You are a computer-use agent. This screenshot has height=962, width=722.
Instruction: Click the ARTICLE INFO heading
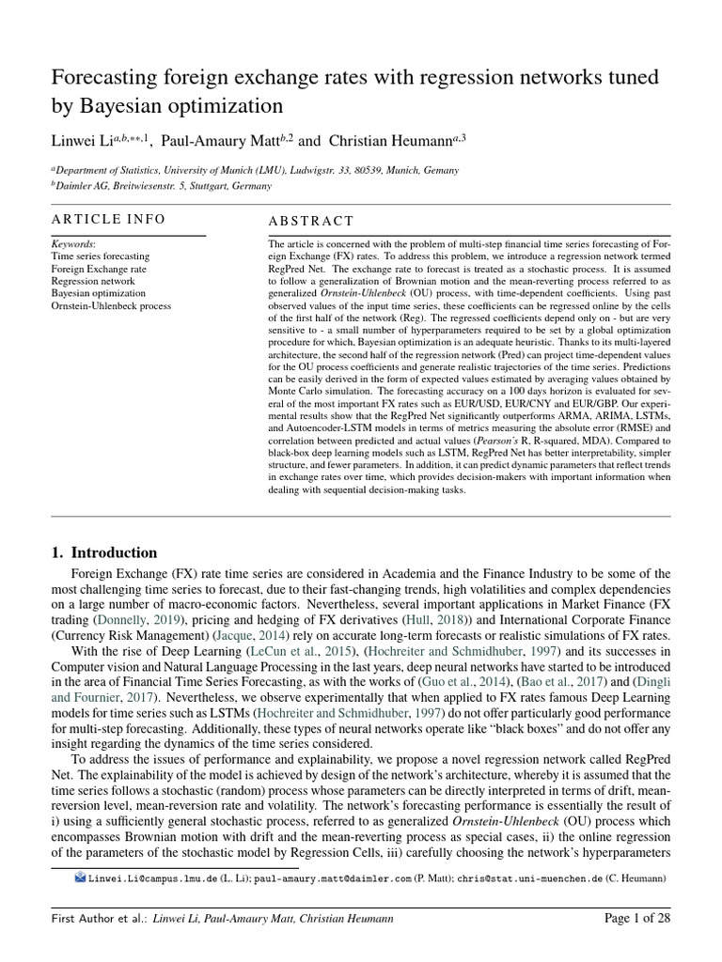[x=108, y=219]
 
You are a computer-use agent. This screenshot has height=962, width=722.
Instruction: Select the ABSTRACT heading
[x=311, y=221]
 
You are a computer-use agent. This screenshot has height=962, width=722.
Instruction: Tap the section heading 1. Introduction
[x=104, y=552]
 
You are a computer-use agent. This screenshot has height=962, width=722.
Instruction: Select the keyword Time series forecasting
[x=100, y=256]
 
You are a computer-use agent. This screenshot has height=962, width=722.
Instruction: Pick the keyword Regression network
[x=93, y=281]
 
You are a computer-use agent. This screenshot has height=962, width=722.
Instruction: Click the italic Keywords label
[x=72, y=243]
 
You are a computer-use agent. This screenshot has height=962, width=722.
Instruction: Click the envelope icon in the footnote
[x=80, y=877]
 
